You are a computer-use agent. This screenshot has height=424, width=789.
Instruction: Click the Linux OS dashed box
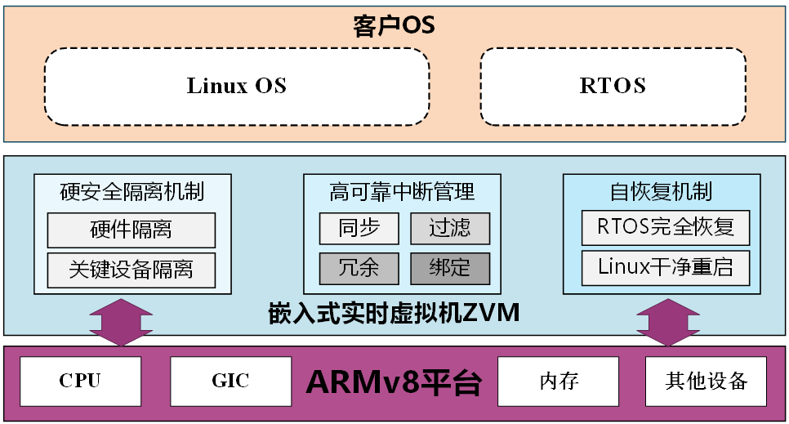click(x=237, y=86)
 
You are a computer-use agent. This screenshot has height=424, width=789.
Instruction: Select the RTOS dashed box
click(x=613, y=86)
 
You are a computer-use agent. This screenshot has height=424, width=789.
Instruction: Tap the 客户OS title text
click(x=394, y=25)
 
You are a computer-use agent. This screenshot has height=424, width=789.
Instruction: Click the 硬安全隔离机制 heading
click(x=132, y=192)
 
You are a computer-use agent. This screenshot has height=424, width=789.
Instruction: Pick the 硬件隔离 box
click(x=131, y=229)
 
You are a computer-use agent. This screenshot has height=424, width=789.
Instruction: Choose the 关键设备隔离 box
click(x=131, y=270)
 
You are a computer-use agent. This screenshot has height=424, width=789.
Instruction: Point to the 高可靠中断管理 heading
click(x=402, y=192)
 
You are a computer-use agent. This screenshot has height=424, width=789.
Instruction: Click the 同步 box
click(x=359, y=228)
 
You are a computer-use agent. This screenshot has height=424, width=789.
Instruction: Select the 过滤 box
click(x=450, y=228)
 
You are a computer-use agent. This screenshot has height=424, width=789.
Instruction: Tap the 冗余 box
click(x=359, y=268)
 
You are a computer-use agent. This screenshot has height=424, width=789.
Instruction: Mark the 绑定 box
click(x=450, y=268)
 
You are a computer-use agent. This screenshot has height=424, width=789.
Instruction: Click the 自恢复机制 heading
click(x=662, y=192)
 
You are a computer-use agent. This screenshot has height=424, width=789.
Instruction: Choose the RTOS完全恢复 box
click(x=666, y=227)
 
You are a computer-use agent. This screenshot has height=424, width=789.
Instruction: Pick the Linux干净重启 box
click(x=666, y=267)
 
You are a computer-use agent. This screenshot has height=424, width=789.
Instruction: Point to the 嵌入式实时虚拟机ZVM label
click(x=394, y=314)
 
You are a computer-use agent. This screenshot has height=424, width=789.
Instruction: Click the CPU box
click(x=80, y=381)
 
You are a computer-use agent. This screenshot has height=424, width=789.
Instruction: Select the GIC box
click(x=231, y=381)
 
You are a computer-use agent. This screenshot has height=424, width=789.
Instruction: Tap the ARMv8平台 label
click(x=394, y=382)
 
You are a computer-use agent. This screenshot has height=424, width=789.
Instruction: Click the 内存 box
click(x=559, y=381)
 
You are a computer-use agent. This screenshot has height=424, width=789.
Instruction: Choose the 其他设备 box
click(x=707, y=381)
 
